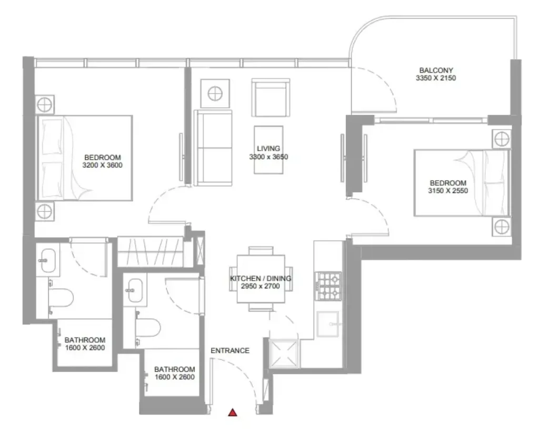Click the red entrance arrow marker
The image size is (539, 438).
coord(233,412)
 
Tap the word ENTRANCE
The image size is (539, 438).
coord(230,351)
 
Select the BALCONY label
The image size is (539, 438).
coord(436,70)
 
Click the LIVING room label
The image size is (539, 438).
coord(268,149)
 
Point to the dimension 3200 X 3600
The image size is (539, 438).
coord(103,165)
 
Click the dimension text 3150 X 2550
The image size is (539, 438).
coord(448,191)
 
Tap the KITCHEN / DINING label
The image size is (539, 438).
coord(261,278)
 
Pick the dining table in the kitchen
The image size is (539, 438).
coord(261,279)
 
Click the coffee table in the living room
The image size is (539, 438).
coord(269,150)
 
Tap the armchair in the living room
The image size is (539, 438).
coord(271,97)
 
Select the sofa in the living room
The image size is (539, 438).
coord(213,148)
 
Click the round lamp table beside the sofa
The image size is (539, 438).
coord(215,94)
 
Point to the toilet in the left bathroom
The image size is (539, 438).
coord(61,297)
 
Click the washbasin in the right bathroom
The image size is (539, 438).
coord(135,290)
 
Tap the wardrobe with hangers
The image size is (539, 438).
coord(151,252)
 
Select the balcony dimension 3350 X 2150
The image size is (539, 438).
coord(436,78)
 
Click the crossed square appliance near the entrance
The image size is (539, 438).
coord(284,353)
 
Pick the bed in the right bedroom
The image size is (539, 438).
coord(462,183)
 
